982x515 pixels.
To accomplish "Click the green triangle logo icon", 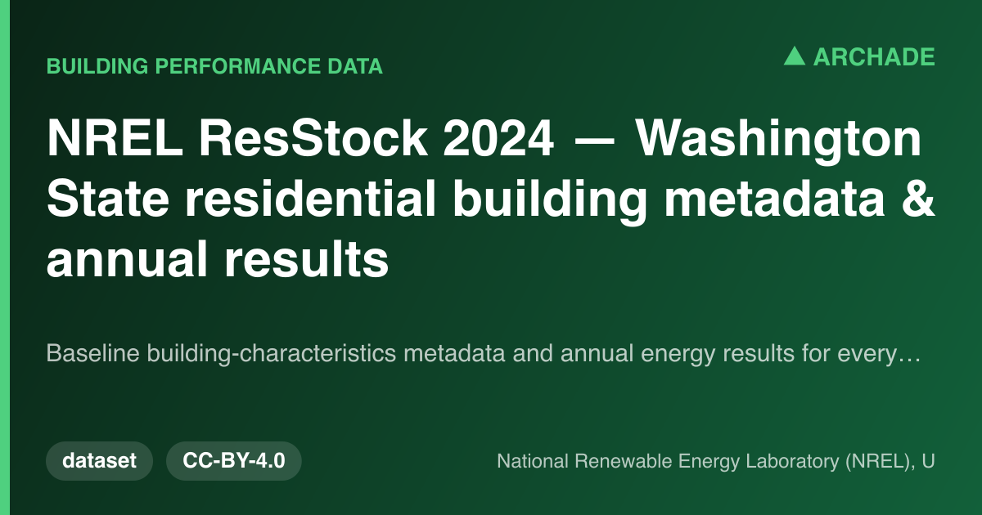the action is (795, 56).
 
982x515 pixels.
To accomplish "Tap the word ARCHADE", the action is (874, 57).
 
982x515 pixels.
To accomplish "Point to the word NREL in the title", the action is (115, 138).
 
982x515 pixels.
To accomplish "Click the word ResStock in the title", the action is (313, 138).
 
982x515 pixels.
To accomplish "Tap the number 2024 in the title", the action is (498, 138).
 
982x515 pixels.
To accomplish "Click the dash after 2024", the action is (594, 140).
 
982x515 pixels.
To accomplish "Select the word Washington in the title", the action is (778, 140).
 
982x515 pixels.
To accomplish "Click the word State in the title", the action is (108, 199).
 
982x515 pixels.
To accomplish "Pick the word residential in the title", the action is (310, 199).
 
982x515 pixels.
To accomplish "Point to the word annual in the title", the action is (127, 258).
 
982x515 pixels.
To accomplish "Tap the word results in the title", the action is (306, 258).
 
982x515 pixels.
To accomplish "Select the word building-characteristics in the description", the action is (272, 354).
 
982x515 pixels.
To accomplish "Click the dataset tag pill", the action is (99, 461).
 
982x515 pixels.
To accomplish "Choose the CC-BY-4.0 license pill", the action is (234, 461).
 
